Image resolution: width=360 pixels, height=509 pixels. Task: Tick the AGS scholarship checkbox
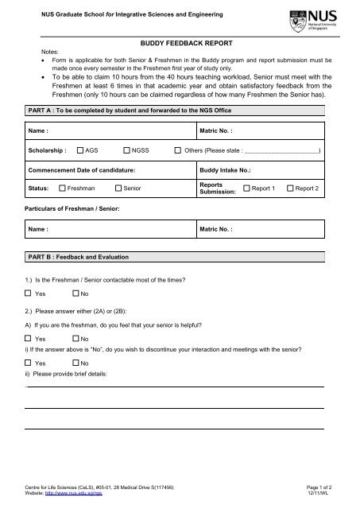click(81, 150)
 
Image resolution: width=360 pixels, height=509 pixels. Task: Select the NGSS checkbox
click(127, 150)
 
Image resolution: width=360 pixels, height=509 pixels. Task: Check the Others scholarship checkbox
click(177, 150)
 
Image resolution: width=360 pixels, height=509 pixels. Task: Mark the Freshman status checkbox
click(63, 188)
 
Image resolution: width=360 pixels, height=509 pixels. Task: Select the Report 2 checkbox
click(290, 188)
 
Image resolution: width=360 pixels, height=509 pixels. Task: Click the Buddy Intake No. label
click(223, 170)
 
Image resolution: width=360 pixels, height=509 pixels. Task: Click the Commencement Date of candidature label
click(81, 170)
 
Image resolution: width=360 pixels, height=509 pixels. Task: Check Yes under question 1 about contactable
click(29, 293)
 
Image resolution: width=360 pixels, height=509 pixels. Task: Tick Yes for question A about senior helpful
click(29, 340)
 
